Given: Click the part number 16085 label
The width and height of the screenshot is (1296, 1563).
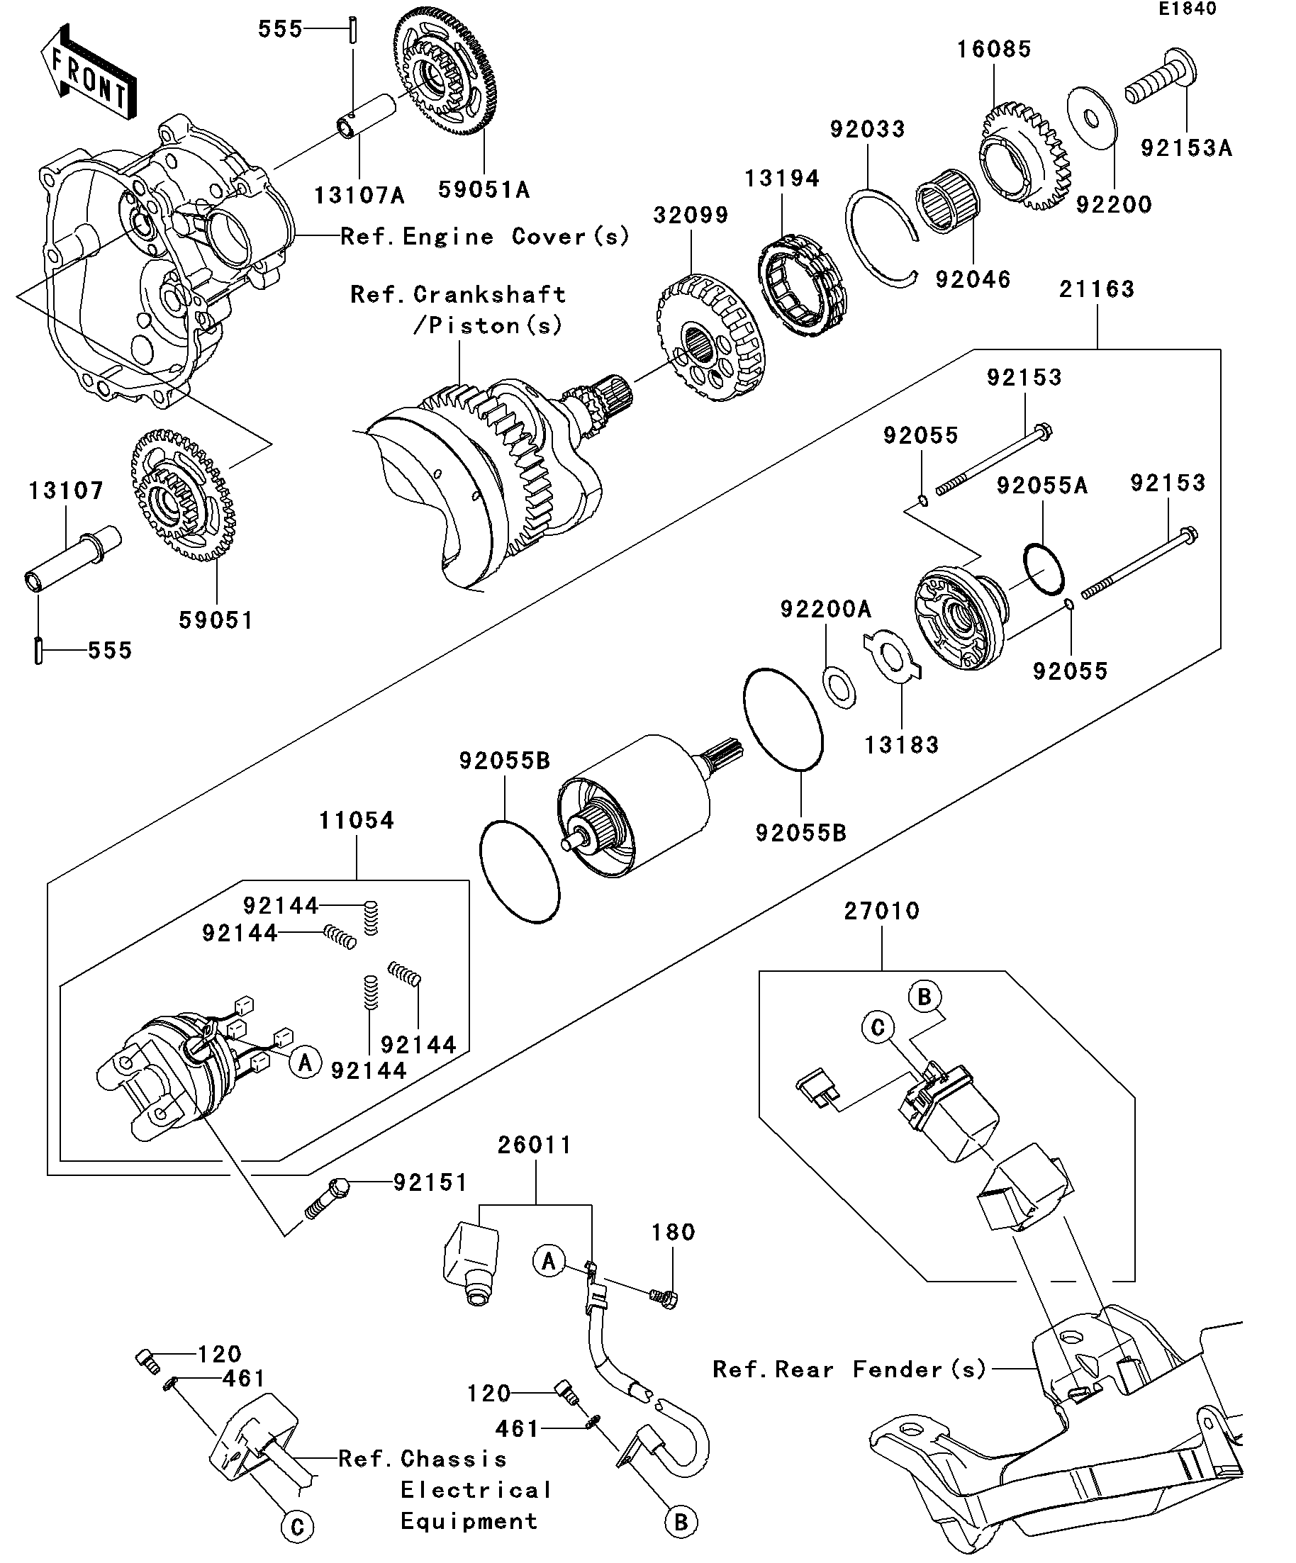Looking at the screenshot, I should (x=994, y=50).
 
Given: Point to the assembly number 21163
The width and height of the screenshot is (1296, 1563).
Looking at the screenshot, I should (x=1097, y=288).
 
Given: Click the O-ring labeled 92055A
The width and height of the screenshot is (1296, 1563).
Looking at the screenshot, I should (x=1044, y=569).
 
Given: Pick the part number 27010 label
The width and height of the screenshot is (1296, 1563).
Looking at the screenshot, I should (x=881, y=910).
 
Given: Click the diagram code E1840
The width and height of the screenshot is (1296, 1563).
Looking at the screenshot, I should (x=1187, y=9).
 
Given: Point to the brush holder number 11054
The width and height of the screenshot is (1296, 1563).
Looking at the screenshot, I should (x=356, y=820).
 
